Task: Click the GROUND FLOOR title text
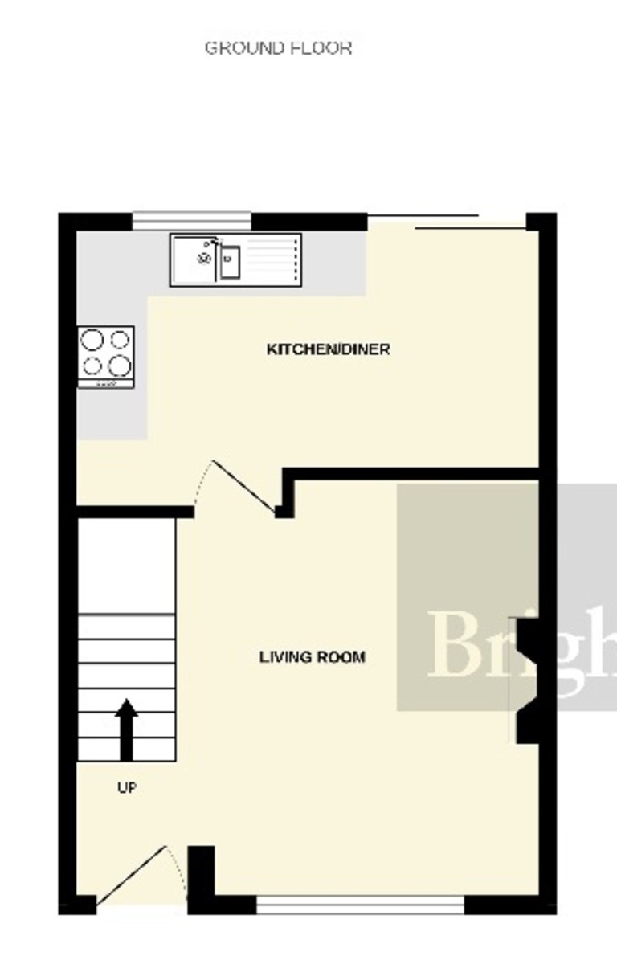tap(278, 48)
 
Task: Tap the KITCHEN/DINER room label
tap(328, 349)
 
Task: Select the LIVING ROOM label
tap(313, 657)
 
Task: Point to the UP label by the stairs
tap(127, 788)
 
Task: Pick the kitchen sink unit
tap(235, 259)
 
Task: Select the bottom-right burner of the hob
tap(119, 366)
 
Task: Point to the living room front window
tap(360, 906)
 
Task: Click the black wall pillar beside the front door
tap(201, 876)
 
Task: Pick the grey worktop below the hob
tap(112, 415)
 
